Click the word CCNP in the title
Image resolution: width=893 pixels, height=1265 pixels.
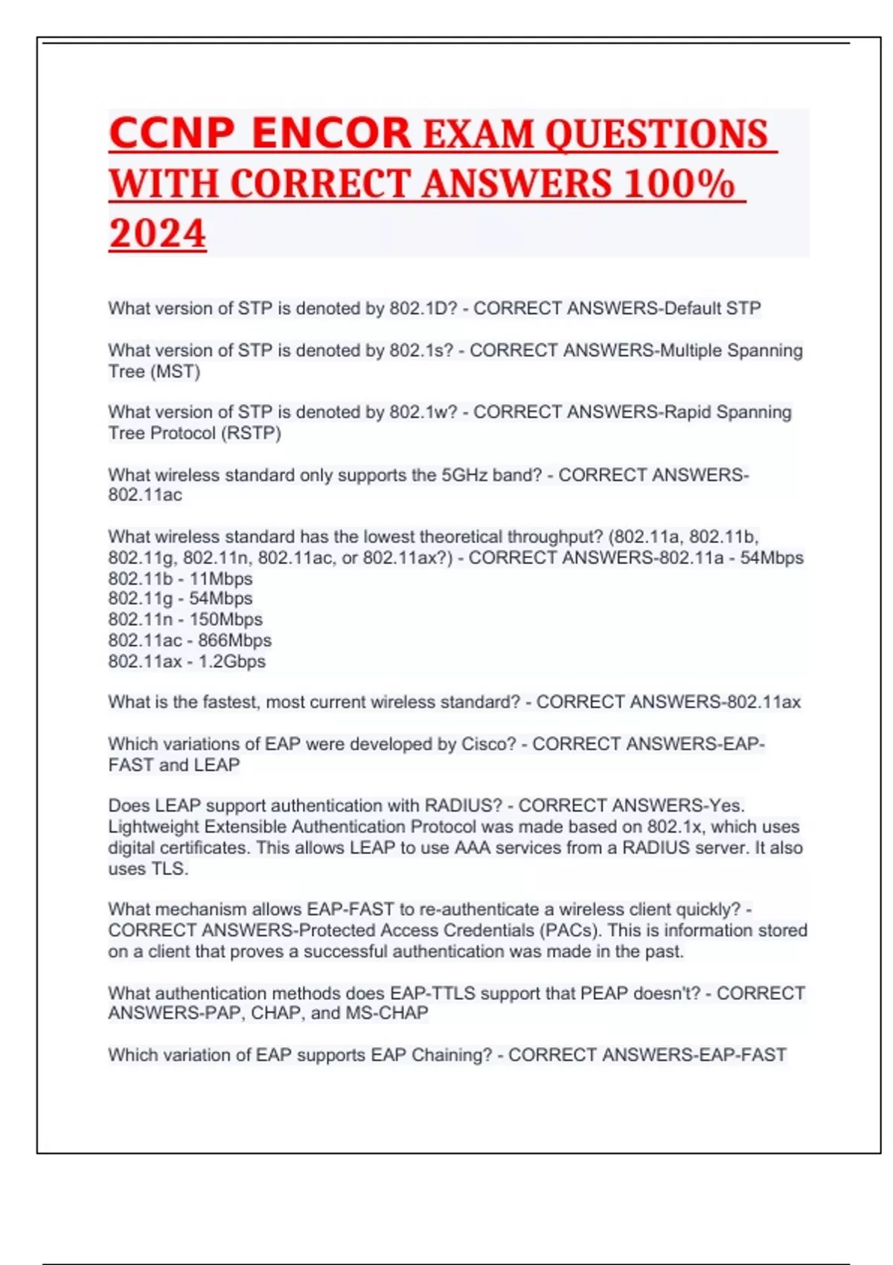(172, 134)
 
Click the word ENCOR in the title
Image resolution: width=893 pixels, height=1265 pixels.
(331, 134)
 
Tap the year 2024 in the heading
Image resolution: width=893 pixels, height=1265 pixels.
(157, 233)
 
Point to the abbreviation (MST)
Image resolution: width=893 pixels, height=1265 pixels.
(175, 371)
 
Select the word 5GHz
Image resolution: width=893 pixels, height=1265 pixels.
(465, 475)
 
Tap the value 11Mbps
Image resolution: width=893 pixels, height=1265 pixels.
(221, 578)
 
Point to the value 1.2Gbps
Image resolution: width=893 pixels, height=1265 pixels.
(231, 661)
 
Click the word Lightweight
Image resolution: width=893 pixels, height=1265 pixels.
(153, 826)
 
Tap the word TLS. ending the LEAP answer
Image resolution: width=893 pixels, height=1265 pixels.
(170, 868)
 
